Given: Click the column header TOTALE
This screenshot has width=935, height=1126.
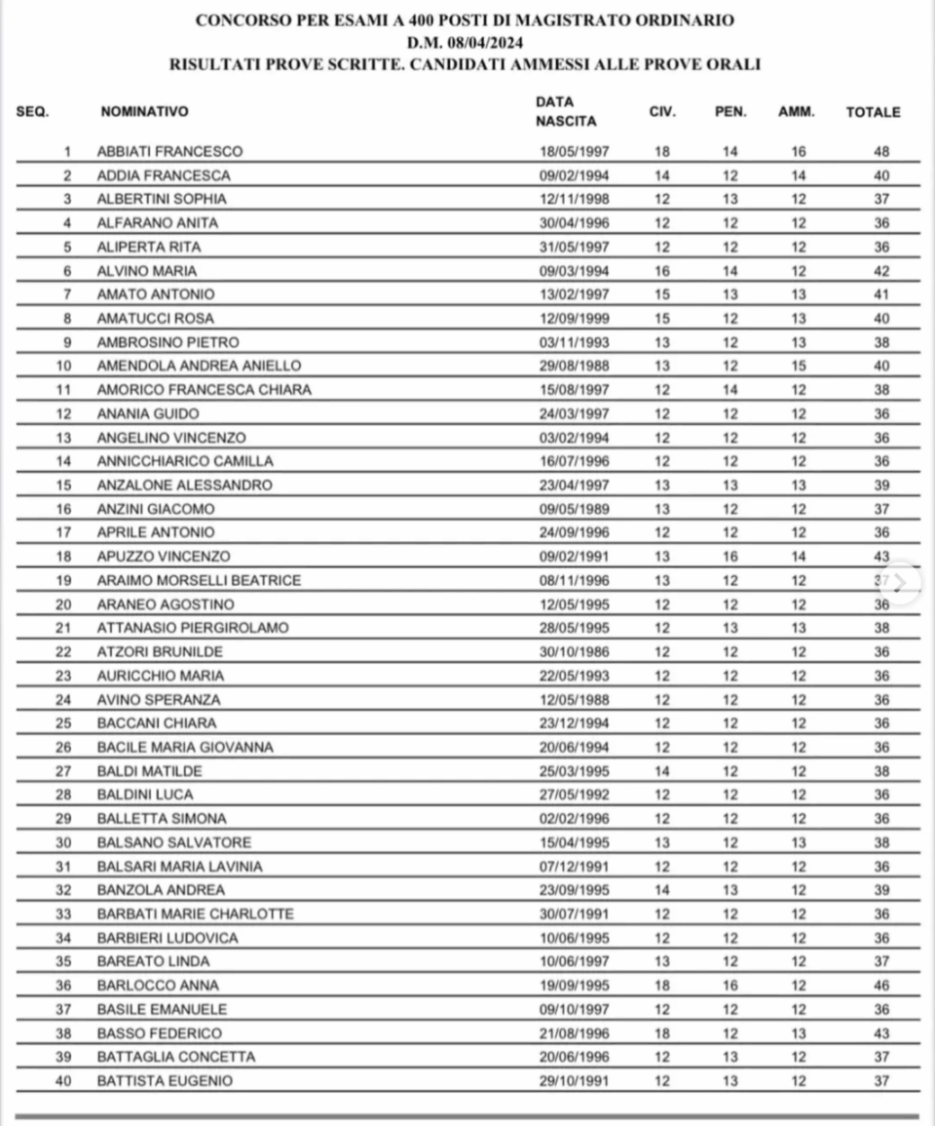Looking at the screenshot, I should point(873,112).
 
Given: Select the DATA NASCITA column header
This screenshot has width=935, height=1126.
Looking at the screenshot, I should point(566,112).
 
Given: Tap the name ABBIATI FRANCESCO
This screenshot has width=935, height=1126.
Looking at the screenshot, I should point(169,151).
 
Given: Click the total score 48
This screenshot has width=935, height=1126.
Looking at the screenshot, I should point(881,151).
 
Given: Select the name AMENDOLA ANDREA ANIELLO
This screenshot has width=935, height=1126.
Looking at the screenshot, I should point(199,366).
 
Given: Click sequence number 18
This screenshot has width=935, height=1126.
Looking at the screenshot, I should point(66,556).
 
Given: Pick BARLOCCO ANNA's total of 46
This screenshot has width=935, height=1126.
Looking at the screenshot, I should point(881,986).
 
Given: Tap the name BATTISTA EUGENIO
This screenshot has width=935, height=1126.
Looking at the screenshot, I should point(165,1080).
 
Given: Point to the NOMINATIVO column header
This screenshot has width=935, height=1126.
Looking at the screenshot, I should point(144,112).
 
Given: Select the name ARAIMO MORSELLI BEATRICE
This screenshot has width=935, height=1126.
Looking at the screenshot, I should point(199,580).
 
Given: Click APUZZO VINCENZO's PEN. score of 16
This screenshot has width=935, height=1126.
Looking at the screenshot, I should point(730,556).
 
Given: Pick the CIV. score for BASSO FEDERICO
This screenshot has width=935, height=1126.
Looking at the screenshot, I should point(662,1032).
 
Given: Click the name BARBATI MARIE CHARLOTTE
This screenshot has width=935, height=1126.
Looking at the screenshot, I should point(195,913).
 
